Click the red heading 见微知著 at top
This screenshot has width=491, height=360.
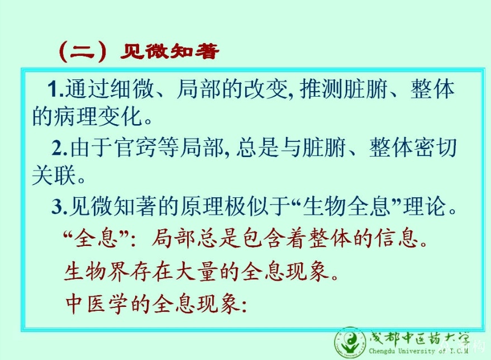pos(169,51)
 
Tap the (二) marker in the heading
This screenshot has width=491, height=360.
pos(83,51)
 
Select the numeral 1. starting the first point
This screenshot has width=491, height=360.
pos(56,89)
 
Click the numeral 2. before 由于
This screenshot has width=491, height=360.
pos(60,148)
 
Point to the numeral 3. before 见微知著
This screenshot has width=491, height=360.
pos(60,207)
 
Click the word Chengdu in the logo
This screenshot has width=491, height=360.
pos(382,351)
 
